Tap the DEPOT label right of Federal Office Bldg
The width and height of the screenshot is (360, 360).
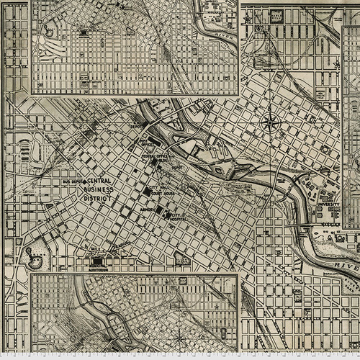(176, 166)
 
